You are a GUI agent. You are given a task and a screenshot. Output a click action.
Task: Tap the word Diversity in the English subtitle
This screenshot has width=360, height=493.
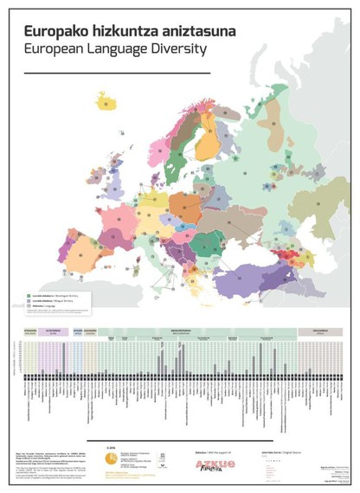(x=177, y=48)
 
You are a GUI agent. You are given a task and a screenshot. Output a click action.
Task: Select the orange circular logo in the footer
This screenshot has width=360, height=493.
(x=111, y=459)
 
